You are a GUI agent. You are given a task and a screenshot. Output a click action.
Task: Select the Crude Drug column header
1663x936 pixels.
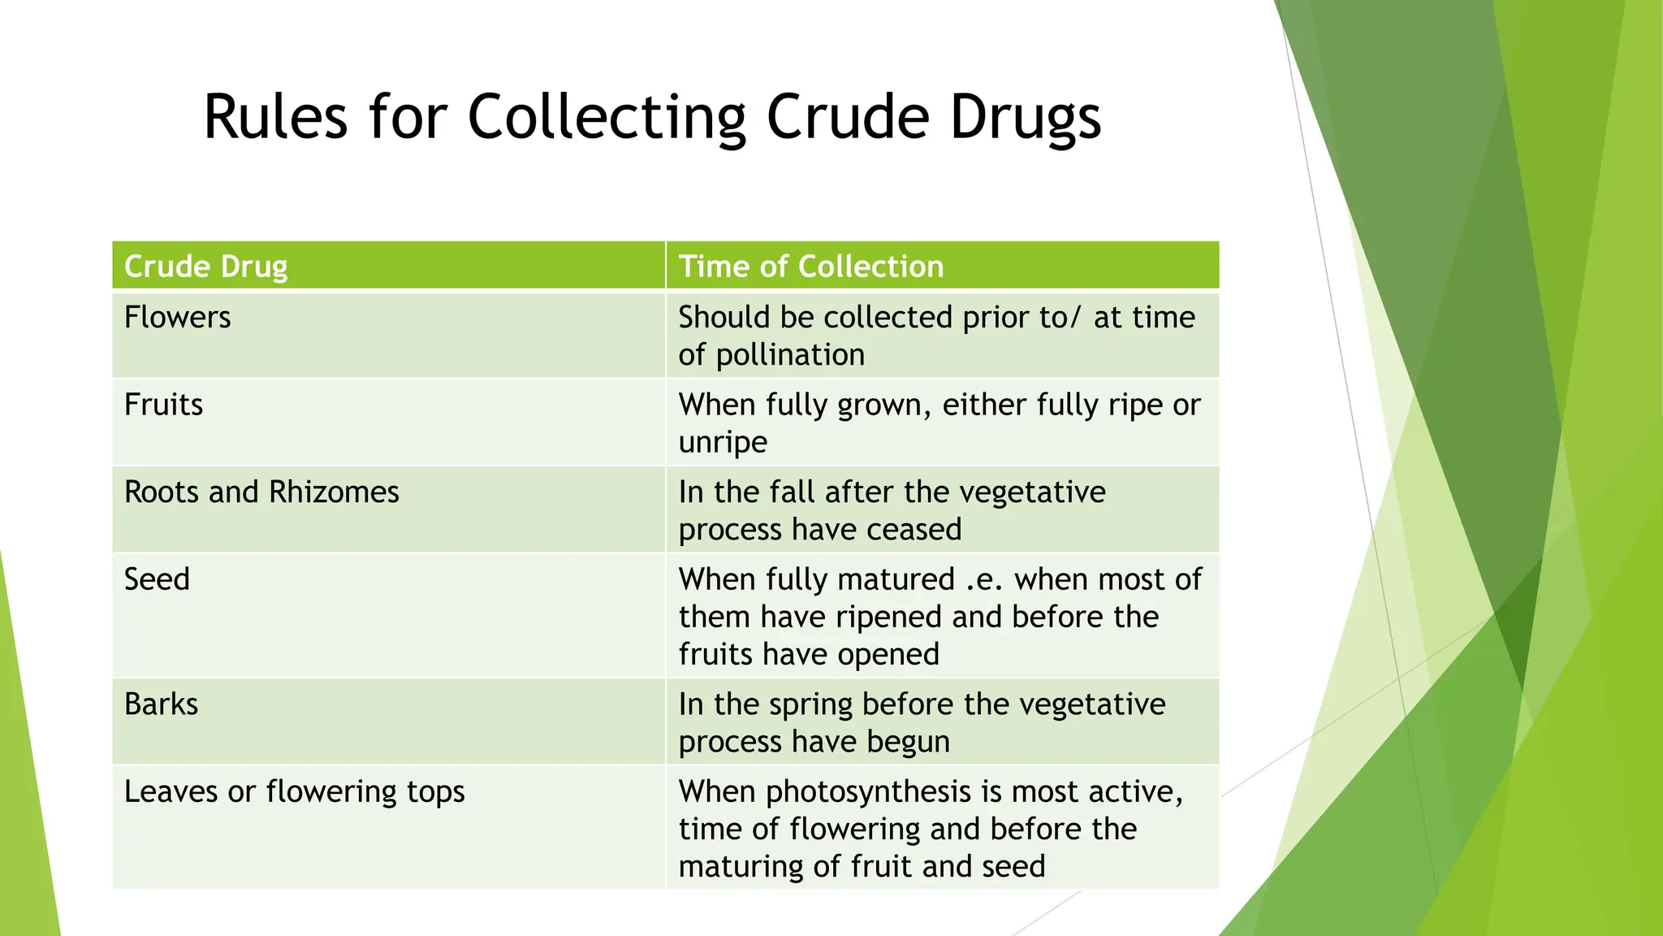click(205, 266)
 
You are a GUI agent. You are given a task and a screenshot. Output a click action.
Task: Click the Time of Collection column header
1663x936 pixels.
click(811, 266)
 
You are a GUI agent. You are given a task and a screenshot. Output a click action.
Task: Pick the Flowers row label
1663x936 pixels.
click(177, 317)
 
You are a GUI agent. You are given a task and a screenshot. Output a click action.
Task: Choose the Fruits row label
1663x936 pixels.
click(163, 405)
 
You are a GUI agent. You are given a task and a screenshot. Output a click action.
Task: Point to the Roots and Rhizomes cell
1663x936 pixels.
click(261, 492)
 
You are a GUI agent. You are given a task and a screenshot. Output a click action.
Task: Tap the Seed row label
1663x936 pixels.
click(157, 579)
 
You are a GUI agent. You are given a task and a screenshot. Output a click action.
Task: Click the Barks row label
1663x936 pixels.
click(161, 704)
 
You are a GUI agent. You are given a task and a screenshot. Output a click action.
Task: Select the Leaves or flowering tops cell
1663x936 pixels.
click(294, 791)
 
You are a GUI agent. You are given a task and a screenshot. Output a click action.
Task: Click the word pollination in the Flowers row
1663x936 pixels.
click(790, 355)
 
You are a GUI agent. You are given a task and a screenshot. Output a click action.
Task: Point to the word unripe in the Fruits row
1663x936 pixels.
click(723, 442)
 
